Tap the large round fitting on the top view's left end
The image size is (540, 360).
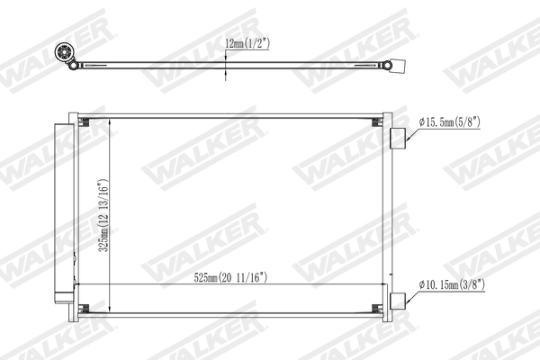pos(64,52)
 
